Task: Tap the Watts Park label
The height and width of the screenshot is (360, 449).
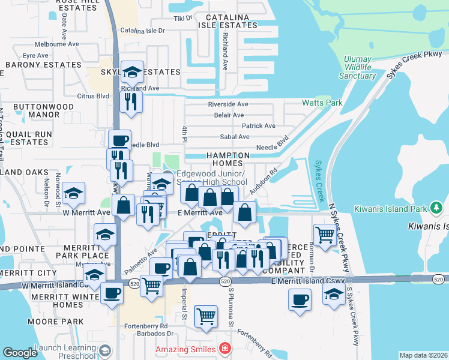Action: click(x=325, y=103)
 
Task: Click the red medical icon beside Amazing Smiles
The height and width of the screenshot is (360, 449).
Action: click(x=224, y=349)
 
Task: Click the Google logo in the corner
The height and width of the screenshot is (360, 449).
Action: click(x=20, y=352)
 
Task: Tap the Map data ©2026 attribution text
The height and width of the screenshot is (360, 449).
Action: click(x=423, y=355)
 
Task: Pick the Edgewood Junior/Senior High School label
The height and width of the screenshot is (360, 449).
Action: click(x=211, y=178)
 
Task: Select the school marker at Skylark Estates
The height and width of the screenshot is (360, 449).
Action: click(x=132, y=72)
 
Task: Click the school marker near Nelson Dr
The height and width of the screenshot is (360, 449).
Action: click(x=74, y=193)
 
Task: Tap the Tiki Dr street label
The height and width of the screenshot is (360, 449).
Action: click(x=183, y=18)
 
